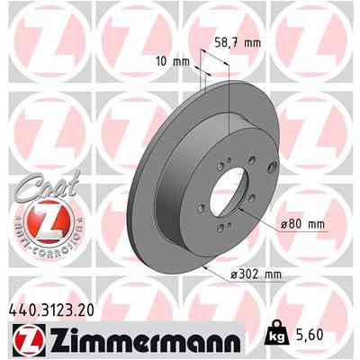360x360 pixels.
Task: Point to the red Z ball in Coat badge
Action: pos(40,220)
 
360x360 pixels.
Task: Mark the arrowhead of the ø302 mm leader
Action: pos(206,265)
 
